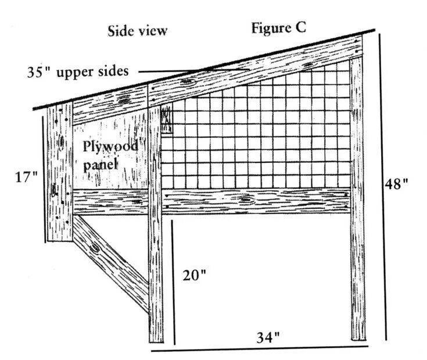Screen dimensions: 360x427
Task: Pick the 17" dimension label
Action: tap(26, 176)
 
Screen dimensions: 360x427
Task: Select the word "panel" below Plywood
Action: tap(101, 165)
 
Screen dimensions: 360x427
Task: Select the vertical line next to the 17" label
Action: tap(43, 177)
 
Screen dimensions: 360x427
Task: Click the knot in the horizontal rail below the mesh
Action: tap(246, 201)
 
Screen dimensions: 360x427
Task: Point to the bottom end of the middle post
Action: tap(156, 338)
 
